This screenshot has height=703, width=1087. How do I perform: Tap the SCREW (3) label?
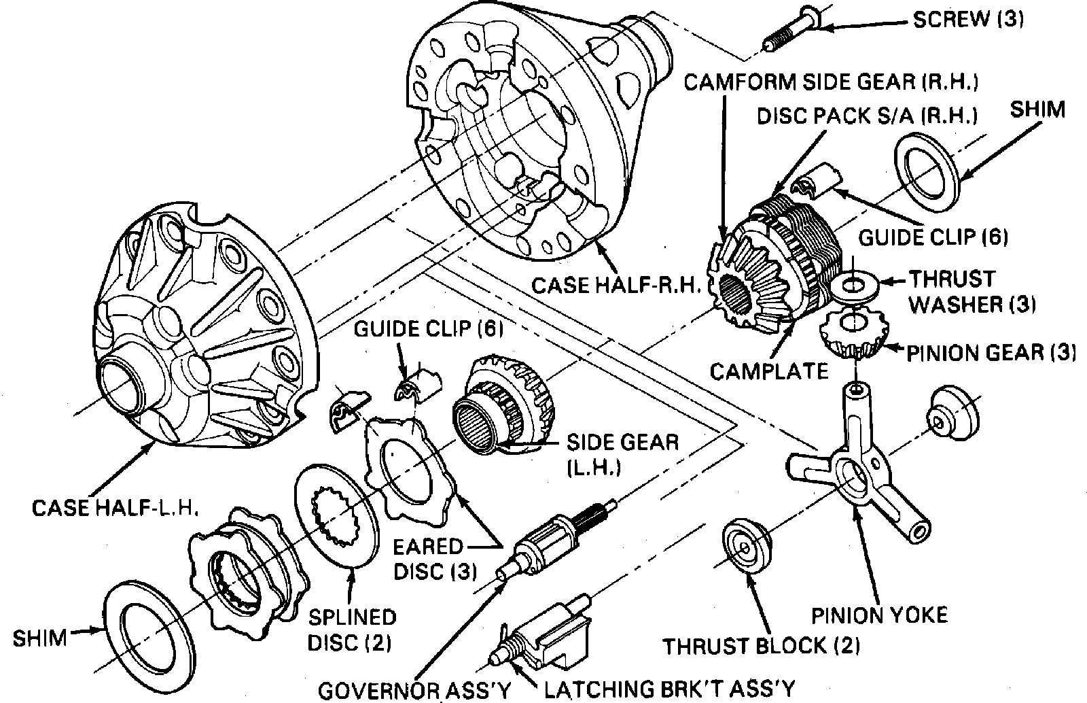pyautogui.click(x=968, y=18)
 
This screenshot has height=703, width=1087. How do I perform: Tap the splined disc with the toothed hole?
pyautogui.click(x=336, y=514)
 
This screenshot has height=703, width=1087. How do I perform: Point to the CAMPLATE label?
pyautogui.click(x=768, y=371)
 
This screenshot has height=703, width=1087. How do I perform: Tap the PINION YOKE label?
pyautogui.click(x=880, y=615)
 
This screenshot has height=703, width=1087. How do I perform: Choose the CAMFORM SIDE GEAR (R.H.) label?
pyautogui.click(x=831, y=82)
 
